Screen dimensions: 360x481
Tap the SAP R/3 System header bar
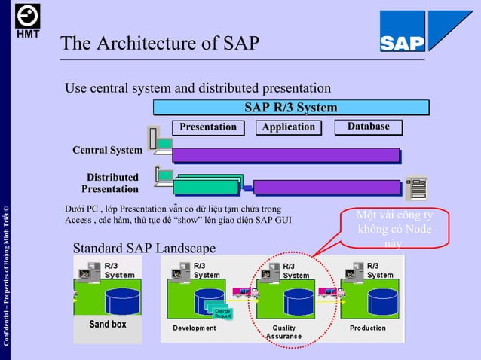(x=290, y=108)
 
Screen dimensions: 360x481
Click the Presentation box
(x=207, y=127)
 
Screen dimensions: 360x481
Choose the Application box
(x=288, y=127)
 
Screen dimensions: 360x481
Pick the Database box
(x=369, y=127)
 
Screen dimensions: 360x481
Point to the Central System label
(x=107, y=150)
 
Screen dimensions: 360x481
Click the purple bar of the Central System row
(x=286, y=155)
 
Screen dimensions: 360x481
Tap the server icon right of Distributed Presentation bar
(x=415, y=188)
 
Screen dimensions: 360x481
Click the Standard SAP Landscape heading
(x=143, y=248)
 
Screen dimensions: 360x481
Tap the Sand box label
(x=108, y=325)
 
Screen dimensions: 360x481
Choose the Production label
(x=367, y=328)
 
